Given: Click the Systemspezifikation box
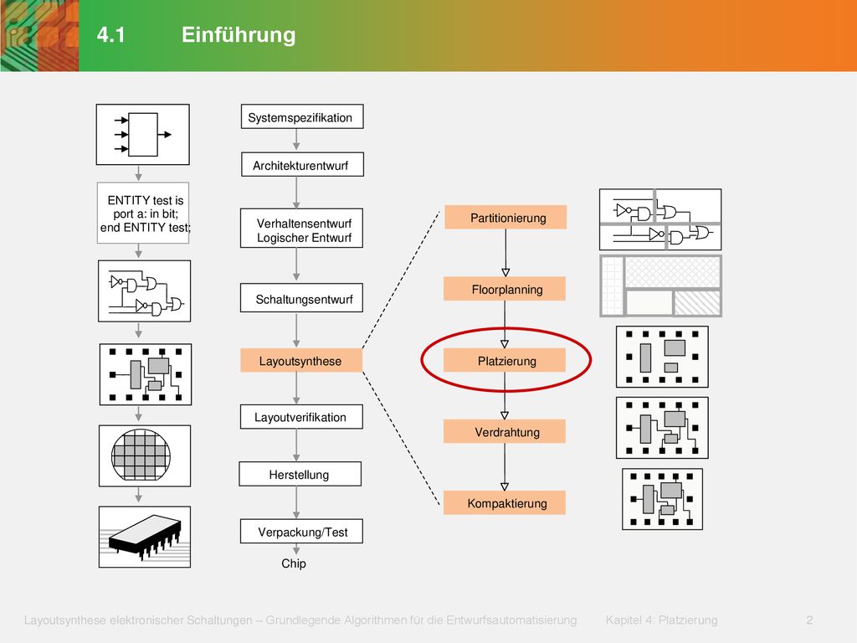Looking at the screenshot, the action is [302, 116].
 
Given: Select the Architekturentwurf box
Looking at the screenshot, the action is [302, 164].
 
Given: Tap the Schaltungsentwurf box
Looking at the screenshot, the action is [301, 298].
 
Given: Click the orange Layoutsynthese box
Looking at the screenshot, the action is [301, 361].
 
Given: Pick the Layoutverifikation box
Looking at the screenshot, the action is [301, 417].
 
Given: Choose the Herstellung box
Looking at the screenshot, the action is [300, 474].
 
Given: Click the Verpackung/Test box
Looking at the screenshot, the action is [301, 531].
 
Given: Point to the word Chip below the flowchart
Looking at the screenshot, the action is [294, 563].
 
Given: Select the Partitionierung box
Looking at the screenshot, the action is [505, 217].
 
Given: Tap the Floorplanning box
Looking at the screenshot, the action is [505, 289].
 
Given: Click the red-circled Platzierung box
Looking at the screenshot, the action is [505, 360].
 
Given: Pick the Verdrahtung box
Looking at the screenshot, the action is [505, 431].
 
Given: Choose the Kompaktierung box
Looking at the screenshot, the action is [505, 502].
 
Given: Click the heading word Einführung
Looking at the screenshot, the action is [239, 34].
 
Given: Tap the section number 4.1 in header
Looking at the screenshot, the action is [111, 35].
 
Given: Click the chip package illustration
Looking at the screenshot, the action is [145, 537].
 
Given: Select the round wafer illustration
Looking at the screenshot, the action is [141, 455].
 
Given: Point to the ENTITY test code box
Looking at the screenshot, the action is [143, 213].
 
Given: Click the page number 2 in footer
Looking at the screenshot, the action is [809, 620].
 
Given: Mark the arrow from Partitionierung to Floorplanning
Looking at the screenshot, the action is [505, 253].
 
